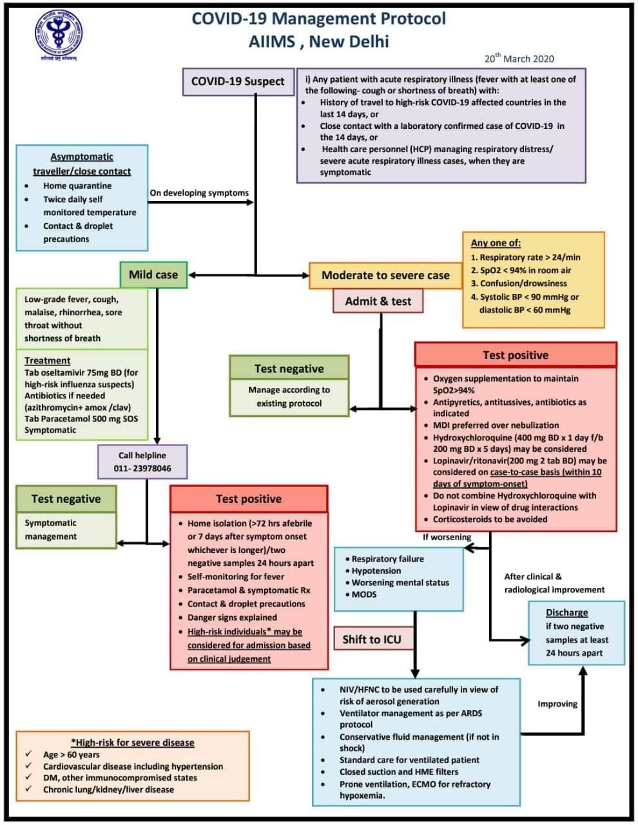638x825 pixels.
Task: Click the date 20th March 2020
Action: tap(519, 59)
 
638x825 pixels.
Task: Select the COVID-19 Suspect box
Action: tap(238, 82)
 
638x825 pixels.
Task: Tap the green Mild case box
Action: tap(153, 275)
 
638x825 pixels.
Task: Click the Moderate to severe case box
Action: tap(385, 275)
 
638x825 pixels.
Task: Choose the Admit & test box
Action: tap(378, 301)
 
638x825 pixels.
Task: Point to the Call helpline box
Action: tap(142, 461)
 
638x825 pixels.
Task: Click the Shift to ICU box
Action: tap(371, 639)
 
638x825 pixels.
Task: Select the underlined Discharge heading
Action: tap(567, 612)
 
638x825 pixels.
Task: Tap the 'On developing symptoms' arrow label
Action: tap(199, 193)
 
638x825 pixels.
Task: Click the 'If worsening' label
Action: tap(447, 537)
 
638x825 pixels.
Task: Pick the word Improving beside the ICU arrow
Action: tap(557, 704)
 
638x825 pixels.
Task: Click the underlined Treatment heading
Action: tap(47, 360)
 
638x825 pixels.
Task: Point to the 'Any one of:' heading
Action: tap(496, 243)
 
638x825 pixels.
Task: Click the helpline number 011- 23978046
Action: tap(142, 469)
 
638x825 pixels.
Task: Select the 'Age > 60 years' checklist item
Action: tap(71, 755)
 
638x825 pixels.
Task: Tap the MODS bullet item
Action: tap(364, 594)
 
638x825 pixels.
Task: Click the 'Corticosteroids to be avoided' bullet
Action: tap(490, 519)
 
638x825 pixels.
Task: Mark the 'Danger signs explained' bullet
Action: tap(232, 617)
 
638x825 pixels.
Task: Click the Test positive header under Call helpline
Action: tap(249, 499)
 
